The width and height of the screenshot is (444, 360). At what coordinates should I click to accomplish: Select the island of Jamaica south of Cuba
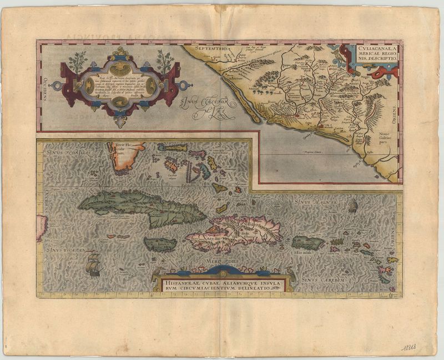click(x=160, y=244)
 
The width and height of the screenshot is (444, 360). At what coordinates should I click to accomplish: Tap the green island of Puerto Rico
click(x=308, y=242)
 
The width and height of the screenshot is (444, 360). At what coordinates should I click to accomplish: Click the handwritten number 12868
click(x=411, y=347)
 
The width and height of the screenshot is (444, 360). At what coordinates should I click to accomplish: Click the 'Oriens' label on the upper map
click(x=395, y=106)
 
